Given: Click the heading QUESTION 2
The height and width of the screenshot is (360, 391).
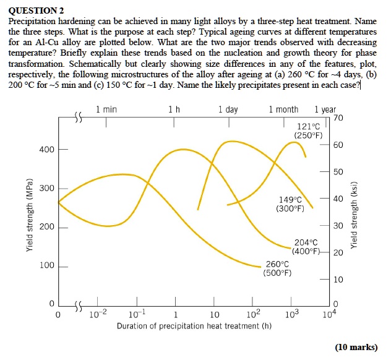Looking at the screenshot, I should [x=37, y=11].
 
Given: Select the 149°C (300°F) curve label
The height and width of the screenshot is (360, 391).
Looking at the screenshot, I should [x=290, y=204].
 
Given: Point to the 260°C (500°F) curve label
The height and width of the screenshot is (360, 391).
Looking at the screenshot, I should [x=277, y=267].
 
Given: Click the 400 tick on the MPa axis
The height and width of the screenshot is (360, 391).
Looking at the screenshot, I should [x=48, y=150].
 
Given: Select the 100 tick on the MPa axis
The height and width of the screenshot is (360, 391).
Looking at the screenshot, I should [x=48, y=266].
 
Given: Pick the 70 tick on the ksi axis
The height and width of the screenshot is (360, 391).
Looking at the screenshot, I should [x=337, y=118].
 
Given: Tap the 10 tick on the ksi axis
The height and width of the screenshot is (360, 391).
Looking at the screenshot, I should [x=337, y=280].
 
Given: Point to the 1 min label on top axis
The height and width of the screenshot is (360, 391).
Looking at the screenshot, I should [x=106, y=109].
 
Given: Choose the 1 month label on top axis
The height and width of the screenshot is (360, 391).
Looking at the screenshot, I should [x=283, y=109].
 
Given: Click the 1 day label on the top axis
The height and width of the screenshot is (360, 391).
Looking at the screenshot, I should [x=228, y=109].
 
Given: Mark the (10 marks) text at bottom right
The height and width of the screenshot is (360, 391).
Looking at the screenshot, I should [x=355, y=347].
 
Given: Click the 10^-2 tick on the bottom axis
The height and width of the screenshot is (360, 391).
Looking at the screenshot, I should [x=94, y=314].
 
